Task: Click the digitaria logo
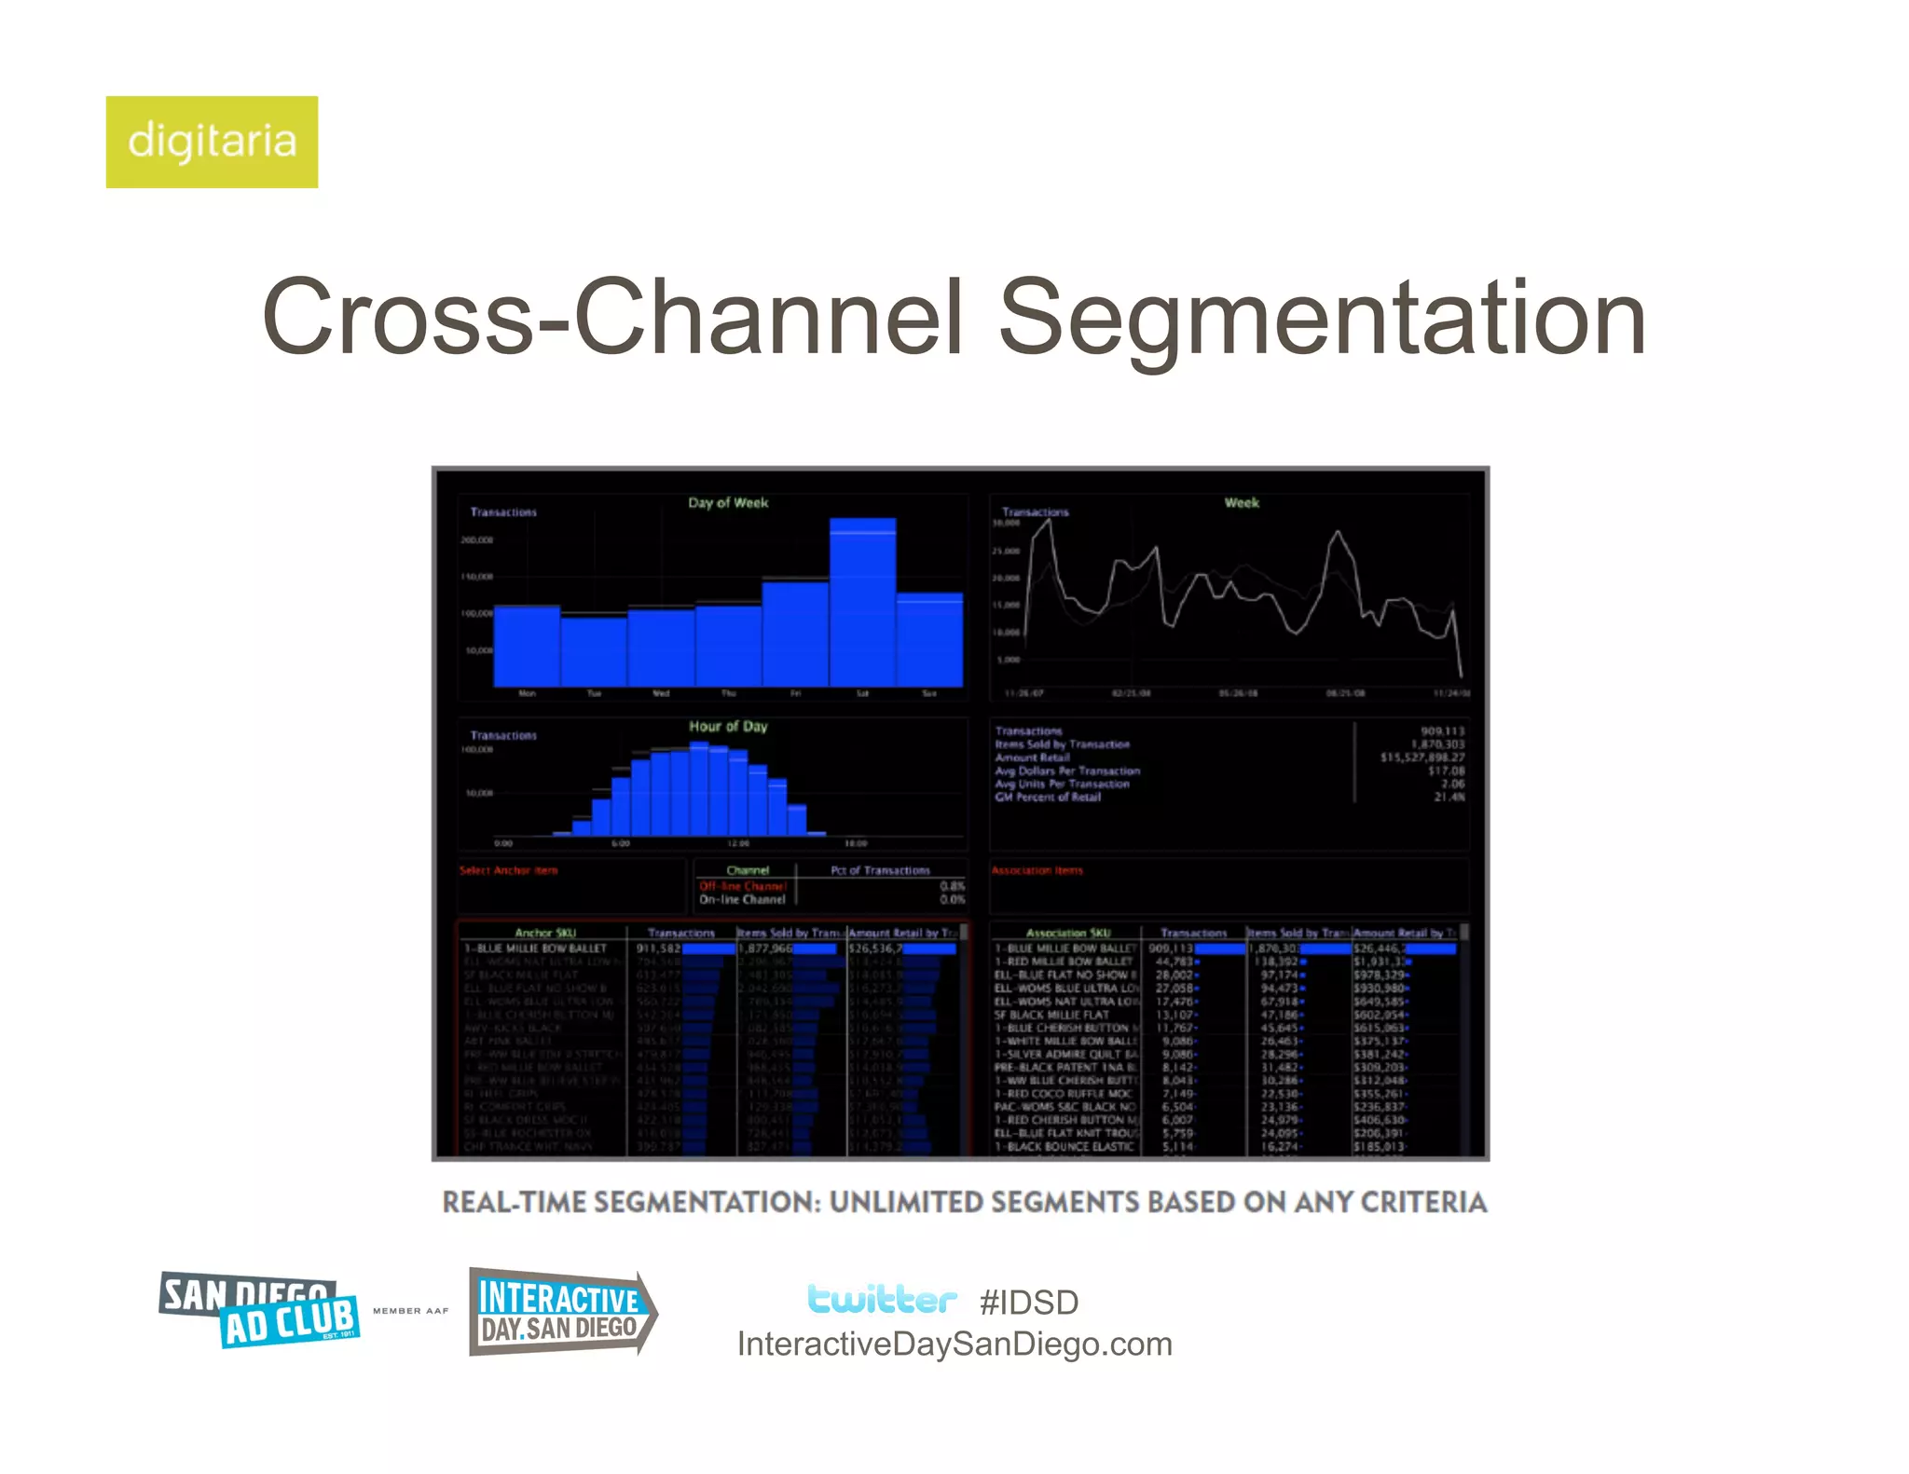pos(212,142)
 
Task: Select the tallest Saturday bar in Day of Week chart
pos(862,604)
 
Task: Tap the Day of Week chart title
pos(728,503)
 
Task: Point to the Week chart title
pos(1241,503)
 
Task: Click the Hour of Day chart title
pos(728,727)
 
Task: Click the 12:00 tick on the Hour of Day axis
pos(738,843)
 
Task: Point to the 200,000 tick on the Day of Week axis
pos(476,540)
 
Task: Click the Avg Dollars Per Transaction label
pos(1067,771)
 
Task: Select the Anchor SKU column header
pos(545,933)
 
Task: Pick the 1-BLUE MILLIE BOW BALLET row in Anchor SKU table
pos(536,949)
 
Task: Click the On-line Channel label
pos(742,900)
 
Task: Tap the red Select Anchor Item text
pos(508,871)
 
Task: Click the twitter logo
pos(881,1299)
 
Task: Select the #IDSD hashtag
pos(1029,1303)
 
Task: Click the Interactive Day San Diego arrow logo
pos(561,1312)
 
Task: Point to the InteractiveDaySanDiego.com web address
pos(954,1344)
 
